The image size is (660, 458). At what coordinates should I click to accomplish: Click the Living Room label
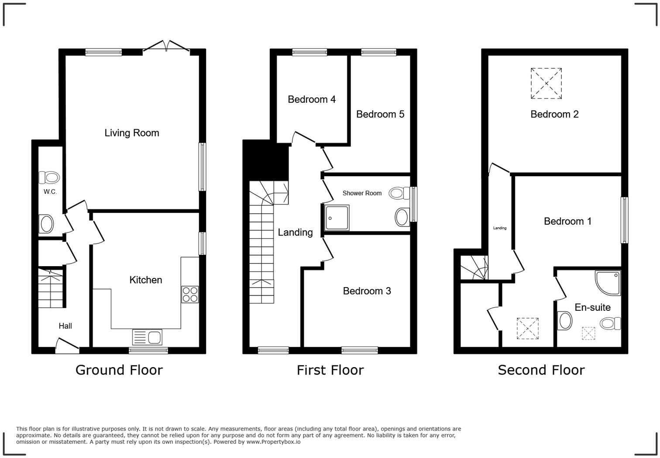[x=131, y=133]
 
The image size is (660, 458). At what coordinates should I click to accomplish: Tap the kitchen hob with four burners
[x=190, y=294]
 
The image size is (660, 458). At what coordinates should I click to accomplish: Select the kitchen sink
[x=147, y=337]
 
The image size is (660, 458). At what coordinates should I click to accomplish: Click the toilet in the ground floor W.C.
[x=49, y=177]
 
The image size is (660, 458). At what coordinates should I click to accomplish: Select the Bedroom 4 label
[x=312, y=100]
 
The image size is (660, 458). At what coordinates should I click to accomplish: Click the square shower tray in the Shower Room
[x=337, y=218]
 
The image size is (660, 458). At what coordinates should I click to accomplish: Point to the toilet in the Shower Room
[x=399, y=193]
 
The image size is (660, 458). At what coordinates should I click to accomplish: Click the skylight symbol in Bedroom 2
[x=546, y=83]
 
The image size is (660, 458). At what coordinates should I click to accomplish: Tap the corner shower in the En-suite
[x=608, y=282]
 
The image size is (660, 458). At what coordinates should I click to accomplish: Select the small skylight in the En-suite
[x=588, y=333]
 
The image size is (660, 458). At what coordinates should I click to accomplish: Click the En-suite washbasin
[x=565, y=321]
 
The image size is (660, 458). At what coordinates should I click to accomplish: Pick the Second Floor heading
[x=541, y=370]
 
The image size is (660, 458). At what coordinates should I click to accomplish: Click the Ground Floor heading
[x=119, y=370]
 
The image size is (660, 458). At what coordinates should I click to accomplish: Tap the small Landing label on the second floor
[x=500, y=228]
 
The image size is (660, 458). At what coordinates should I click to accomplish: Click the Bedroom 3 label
[x=367, y=291]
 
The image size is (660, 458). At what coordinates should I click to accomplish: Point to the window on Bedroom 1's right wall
[x=625, y=220]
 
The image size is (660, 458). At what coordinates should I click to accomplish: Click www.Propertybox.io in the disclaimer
[x=273, y=442]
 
